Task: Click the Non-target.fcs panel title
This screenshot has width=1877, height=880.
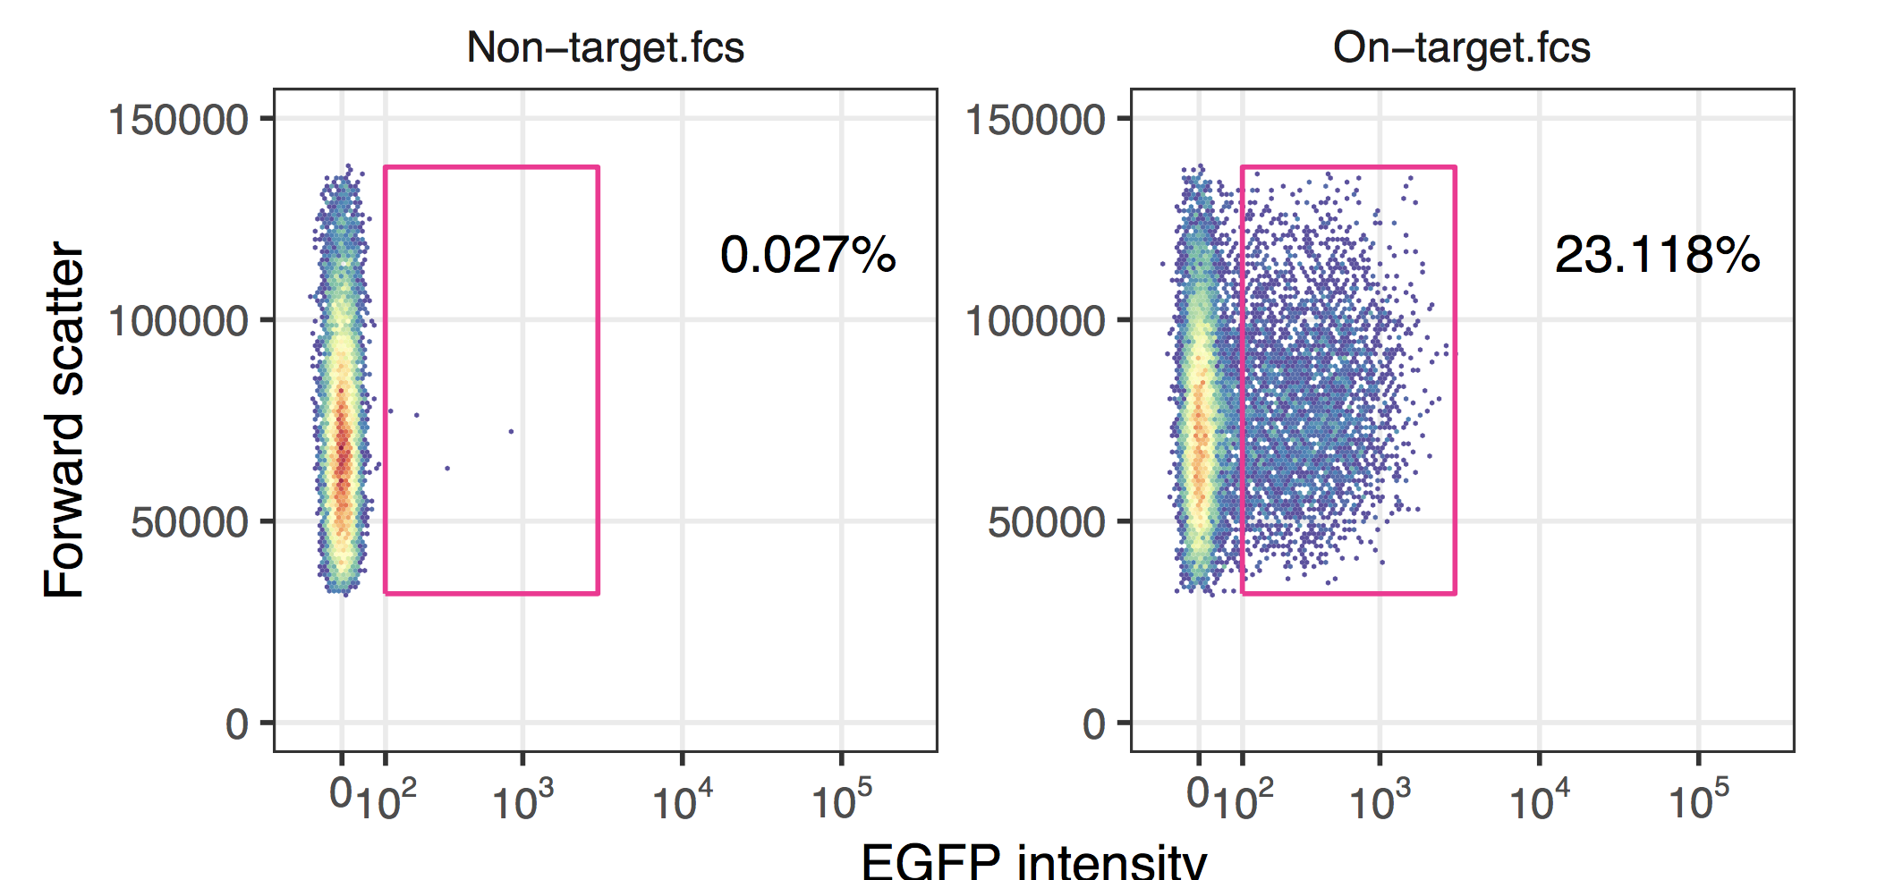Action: coord(605,47)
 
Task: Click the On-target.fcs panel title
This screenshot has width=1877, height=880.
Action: coord(1461,47)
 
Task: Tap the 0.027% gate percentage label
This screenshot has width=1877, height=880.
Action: coord(807,255)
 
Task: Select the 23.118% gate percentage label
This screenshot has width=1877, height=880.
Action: coord(1657,255)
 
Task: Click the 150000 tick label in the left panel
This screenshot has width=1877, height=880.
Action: coord(177,120)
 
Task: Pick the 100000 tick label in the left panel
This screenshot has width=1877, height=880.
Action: coord(177,321)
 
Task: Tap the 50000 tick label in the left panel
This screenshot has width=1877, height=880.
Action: coord(189,522)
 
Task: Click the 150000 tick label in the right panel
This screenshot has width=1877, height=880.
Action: coord(1034,120)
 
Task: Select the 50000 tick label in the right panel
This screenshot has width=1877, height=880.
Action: coord(1046,522)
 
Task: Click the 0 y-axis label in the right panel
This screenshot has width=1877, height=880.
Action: coord(1094,724)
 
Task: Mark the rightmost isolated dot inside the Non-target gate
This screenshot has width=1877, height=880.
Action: coord(511,431)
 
